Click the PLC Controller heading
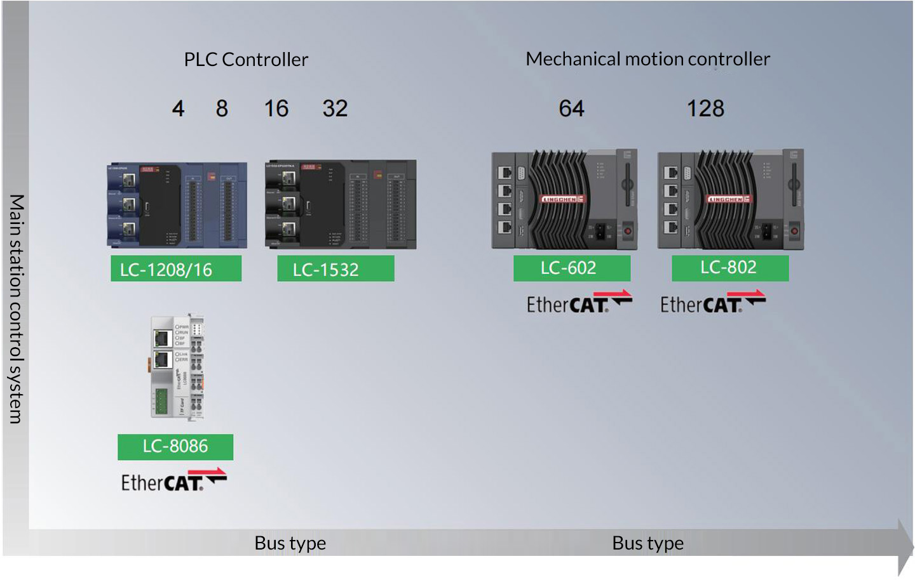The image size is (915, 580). click(x=246, y=60)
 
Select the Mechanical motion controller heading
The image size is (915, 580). click(x=647, y=59)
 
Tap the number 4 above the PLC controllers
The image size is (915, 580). click(x=178, y=109)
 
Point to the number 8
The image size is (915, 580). click(x=222, y=109)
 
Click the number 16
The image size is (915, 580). click(x=276, y=109)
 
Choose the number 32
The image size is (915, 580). click(x=335, y=109)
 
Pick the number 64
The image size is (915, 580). click(x=571, y=109)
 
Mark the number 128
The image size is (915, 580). click(x=705, y=109)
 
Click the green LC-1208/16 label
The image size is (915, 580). click(x=176, y=269)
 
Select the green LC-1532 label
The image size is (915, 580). click(x=335, y=269)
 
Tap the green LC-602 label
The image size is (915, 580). click(x=572, y=268)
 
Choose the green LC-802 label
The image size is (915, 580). click(x=730, y=268)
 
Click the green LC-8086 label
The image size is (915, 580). click(x=175, y=447)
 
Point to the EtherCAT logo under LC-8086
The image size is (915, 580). click(x=173, y=481)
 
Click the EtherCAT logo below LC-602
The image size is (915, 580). click(x=579, y=303)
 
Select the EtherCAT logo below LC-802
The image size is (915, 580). click(x=712, y=303)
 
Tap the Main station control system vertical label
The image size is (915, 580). click(x=16, y=308)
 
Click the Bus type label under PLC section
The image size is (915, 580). click(x=290, y=543)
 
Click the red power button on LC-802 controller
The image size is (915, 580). click(x=794, y=230)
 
